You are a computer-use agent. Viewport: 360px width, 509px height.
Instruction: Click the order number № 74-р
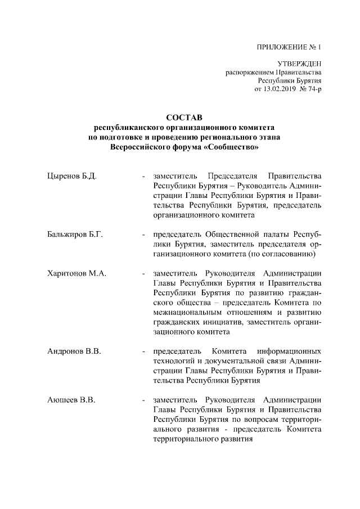pyautogui.click(x=310, y=89)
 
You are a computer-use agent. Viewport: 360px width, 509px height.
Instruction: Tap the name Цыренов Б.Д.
pyautogui.click(x=71, y=176)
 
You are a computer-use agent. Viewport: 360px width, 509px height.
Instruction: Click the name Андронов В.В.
pyautogui.click(x=74, y=352)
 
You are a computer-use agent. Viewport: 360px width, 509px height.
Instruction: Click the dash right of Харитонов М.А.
pyautogui.click(x=144, y=273)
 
